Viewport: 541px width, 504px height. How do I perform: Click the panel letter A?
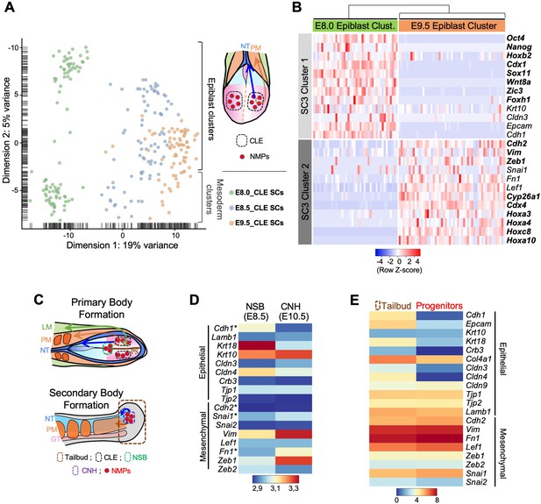pyautogui.click(x=10, y=7)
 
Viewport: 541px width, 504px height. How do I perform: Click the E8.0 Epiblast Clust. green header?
pyautogui.click(x=355, y=26)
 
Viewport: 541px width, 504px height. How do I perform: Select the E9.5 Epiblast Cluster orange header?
pyautogui.click(x=452, y=26)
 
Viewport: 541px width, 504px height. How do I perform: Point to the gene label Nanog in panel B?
pyautogui.click(x=519, y=47)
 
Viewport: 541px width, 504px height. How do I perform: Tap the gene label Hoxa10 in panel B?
pyautogui.click(x=521, y=240)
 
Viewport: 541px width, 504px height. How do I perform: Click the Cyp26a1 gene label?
pyautogui.click(x=523, y=196)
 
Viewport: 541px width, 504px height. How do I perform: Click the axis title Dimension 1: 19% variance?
pyautogui.click(x=122, y=245)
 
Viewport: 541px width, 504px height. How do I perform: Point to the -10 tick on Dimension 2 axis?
pyautogui.click(x=13, y=47)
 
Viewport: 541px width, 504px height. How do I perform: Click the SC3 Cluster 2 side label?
pyautogui.click(x=304, y=192)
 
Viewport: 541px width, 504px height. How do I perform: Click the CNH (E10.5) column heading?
pyautogui.click(x=290, y=311)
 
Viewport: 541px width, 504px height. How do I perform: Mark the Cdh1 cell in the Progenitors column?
pyautogui.click(x=439, y=316)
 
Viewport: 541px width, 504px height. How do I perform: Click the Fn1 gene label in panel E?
pyautogui.click(x=473, y=438)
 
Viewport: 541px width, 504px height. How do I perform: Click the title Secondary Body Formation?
pyautogui.click(x=86, y=399)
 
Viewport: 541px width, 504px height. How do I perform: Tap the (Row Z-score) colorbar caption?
pyautogui.click(x=399, y=270)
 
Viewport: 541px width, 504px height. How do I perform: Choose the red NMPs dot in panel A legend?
pyautogui.click(x=242, y=157)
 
